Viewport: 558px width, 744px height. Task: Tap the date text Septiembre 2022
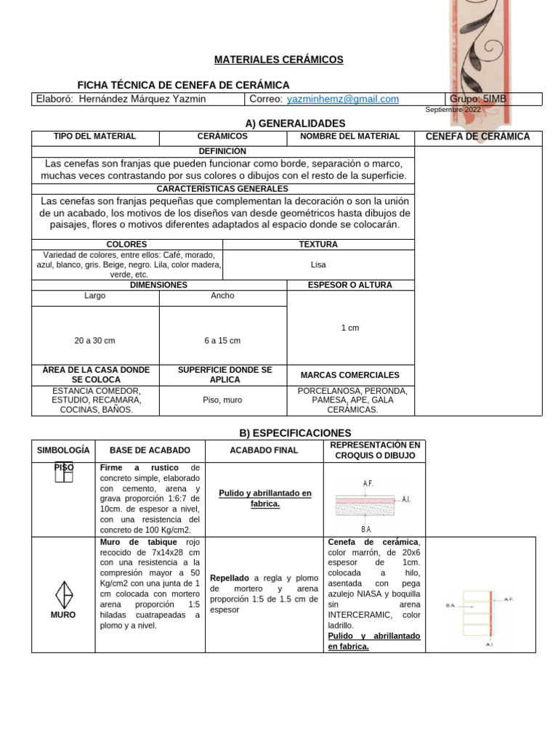click(453, 109)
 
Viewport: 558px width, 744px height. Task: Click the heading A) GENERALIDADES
click(285, 124)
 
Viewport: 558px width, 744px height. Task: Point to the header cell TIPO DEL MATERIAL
click(94, 137)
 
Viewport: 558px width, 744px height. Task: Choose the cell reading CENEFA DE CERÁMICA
click(477, 137)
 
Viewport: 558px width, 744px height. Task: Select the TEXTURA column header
click(318, 245)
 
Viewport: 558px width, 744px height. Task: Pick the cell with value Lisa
click(318, 265)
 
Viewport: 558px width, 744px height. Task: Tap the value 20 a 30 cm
click(94, 340)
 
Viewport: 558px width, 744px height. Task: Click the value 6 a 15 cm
click(222, 340)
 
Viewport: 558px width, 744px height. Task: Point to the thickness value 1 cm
click(350, 328)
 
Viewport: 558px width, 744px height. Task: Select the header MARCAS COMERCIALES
click(350, 375)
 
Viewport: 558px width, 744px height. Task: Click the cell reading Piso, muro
click(222, 400)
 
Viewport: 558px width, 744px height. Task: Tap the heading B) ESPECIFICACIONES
click(285, 433)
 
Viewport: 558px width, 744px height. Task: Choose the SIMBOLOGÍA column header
click(63, 450)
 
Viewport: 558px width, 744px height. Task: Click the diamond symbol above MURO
click(64, 594)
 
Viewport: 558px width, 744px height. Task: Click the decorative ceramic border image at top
click(477, 58)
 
